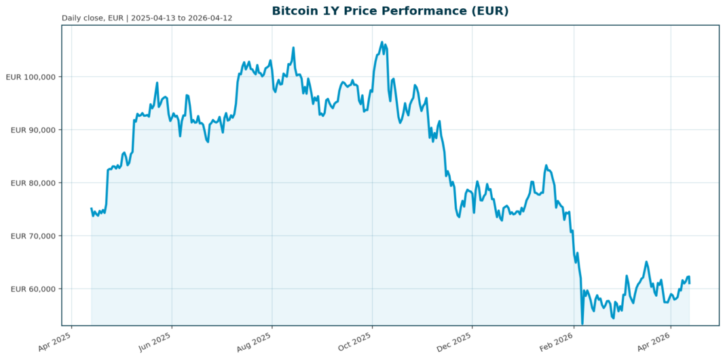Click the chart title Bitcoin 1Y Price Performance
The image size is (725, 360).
[x=390, y=11]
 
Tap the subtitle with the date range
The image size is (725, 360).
[x=147, y=18]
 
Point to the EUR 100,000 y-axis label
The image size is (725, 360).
[x=31, y=77]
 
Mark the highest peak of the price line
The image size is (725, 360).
[x=382, y=42]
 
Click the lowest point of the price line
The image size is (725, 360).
[x=582, y=324]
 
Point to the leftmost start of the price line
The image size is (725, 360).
[x=91, y=209]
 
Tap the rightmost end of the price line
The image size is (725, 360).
[x=689, y=283]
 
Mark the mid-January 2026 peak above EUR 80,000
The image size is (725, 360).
[x=546, y=165]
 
